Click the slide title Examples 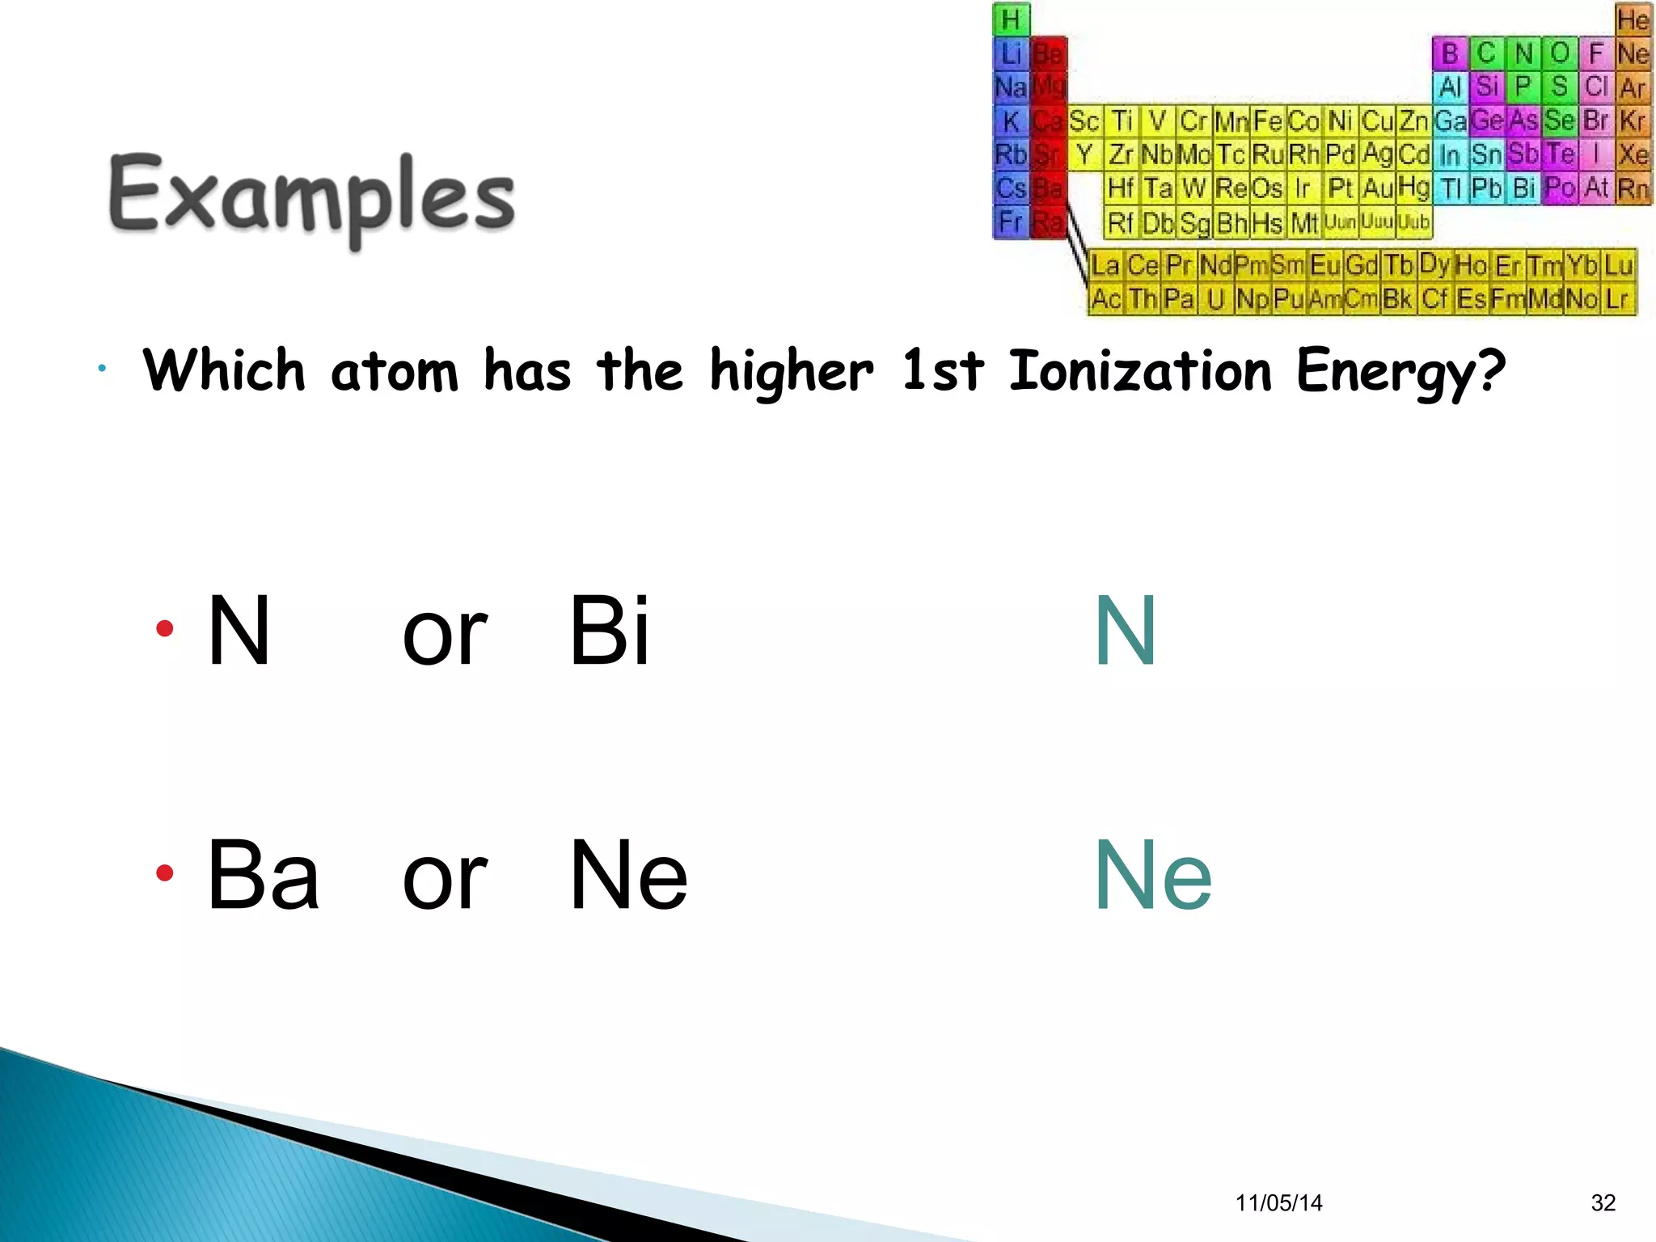311,196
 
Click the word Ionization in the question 1140,371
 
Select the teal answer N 1125,631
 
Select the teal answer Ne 1152,876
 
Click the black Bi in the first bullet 609,631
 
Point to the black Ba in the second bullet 263,876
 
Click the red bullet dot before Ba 165,873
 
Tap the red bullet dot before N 165,628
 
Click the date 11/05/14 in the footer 1278,1203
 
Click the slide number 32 1603,1203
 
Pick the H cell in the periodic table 1011,19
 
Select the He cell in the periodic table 1633,19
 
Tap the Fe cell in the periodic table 1268,121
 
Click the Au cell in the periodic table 1377,188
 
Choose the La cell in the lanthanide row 1105,265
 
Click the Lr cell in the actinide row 1617,299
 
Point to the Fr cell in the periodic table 1011,222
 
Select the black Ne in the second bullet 628,876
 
